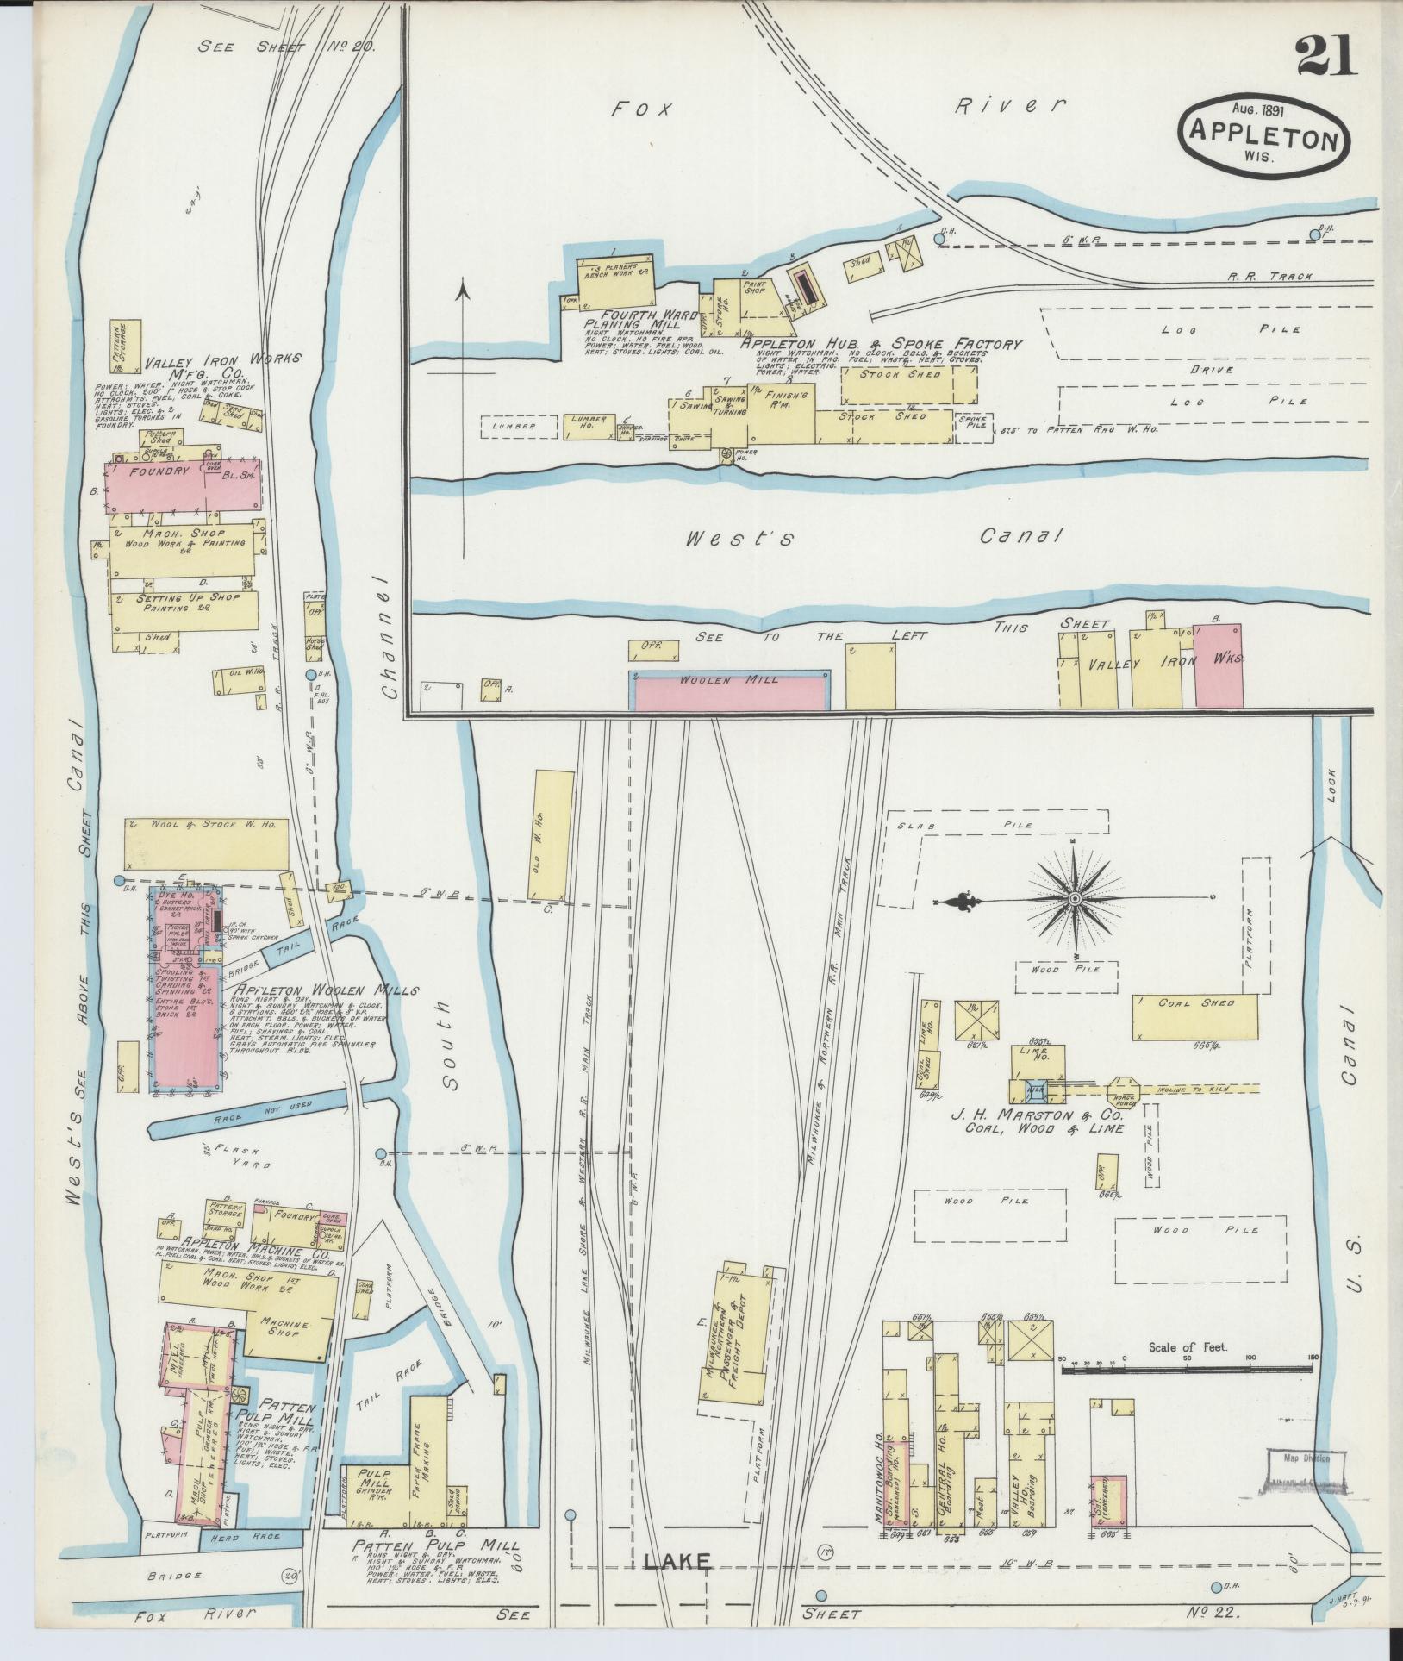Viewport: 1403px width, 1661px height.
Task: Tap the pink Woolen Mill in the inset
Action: (729, 690)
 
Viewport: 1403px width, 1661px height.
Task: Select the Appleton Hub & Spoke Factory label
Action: (880, 344)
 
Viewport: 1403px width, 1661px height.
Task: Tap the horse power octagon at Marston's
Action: (1125, 1089)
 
